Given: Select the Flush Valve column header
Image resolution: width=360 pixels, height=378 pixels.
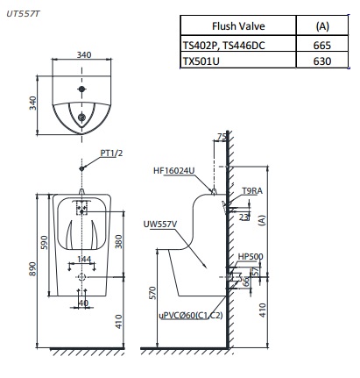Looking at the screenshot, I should [x=234, y=25].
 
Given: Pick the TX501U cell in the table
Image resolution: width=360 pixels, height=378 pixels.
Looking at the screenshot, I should [x=207, y=61].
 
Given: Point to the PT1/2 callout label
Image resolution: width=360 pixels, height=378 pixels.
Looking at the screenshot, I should [x=110, y=152].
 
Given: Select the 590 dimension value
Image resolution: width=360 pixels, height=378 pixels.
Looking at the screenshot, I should [x=46, y=239].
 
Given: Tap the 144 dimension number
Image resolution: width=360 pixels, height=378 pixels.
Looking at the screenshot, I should [x=83, y=260].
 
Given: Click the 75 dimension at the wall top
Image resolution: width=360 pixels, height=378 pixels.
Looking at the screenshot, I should [x=222, y=138].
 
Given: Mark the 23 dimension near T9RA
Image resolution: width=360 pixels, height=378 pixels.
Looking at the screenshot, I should [x=245, y=216].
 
